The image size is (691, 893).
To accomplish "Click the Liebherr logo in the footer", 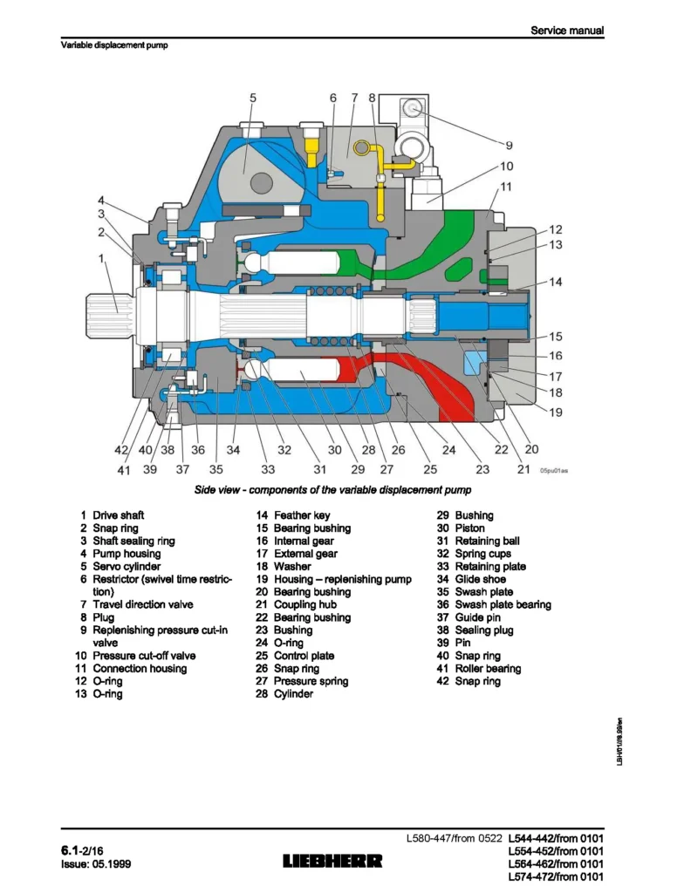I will pyautogui.click(x=332, y=861).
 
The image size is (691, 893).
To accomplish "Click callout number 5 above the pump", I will pyautogui.click(x=253, y=99).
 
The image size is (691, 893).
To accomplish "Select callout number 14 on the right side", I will pyautogui.click(x=556, y=282).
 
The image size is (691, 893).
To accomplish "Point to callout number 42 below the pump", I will pyautogui.click(x=120, y=450).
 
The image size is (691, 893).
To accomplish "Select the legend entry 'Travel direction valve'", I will pyautogui.click(x=143, y=604).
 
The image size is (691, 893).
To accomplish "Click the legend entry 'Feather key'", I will pyautogui.click(x=302, y=515).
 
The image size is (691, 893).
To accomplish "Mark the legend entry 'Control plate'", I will pyautogui.click(x=304, y=656).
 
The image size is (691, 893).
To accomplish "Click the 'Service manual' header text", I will pyautogui.click(x=567, y=31).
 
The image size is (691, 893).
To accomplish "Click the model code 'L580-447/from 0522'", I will pyautogui.click(x=455, y=839).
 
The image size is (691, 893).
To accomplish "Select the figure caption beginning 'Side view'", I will pyautogui.click(x=332, y=491).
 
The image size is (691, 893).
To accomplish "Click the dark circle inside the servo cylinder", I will pyautogui.click(x=262, y=183).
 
